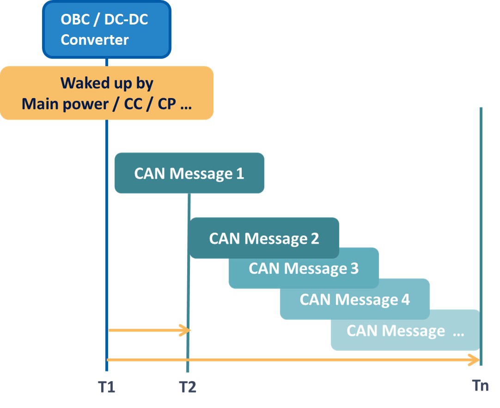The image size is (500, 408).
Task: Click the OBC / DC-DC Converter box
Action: tap(107, 29)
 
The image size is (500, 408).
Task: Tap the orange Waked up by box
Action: tap(107, 93)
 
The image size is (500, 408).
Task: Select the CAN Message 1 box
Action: tap(189, 173)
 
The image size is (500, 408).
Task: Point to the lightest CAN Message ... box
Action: tap(405, 330)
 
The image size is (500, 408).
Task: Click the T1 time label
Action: tap(106, 387)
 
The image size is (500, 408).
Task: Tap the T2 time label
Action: tap(187, 387)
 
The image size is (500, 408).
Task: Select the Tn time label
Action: tap(481, 385)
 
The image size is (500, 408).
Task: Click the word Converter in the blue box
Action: tap(94, 39)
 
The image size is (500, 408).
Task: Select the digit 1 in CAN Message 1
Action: tap(240, 174)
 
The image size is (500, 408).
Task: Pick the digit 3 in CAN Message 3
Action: tap(354, 268)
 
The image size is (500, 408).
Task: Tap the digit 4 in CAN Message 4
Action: tap(405, 299)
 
